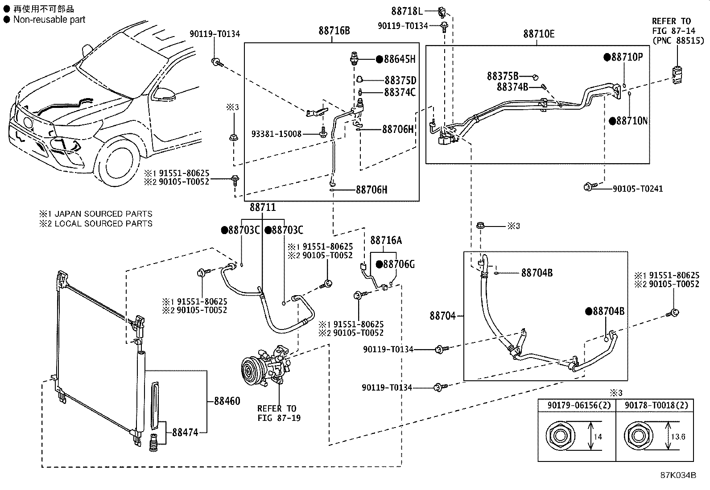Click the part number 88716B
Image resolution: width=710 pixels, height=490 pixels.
tap(334, 31)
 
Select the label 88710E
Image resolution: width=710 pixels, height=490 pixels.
tap(539, 34)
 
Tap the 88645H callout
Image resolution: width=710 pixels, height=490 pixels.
tap(399, 59)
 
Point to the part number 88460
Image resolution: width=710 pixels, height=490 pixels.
tap(227, 401)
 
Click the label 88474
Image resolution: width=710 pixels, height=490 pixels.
tap(185, 432)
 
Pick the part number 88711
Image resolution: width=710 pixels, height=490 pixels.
tap(262, 207)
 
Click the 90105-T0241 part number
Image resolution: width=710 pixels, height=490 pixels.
tap(637, 189)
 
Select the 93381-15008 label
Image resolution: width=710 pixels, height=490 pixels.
tap(277, 134)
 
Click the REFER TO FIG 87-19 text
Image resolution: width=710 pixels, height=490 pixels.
tap(277, 413)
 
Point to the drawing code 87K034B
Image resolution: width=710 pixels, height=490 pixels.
tap(678, 475)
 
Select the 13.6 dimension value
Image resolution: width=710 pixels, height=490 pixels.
tap(678, 436)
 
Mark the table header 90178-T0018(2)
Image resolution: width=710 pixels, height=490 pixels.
tap(656, 405)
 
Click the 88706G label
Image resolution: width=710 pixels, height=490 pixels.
tap(399, 264)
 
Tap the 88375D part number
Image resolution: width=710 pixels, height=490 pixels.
tap(400, 81)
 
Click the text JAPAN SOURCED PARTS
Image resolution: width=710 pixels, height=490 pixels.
tap(103, 214)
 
